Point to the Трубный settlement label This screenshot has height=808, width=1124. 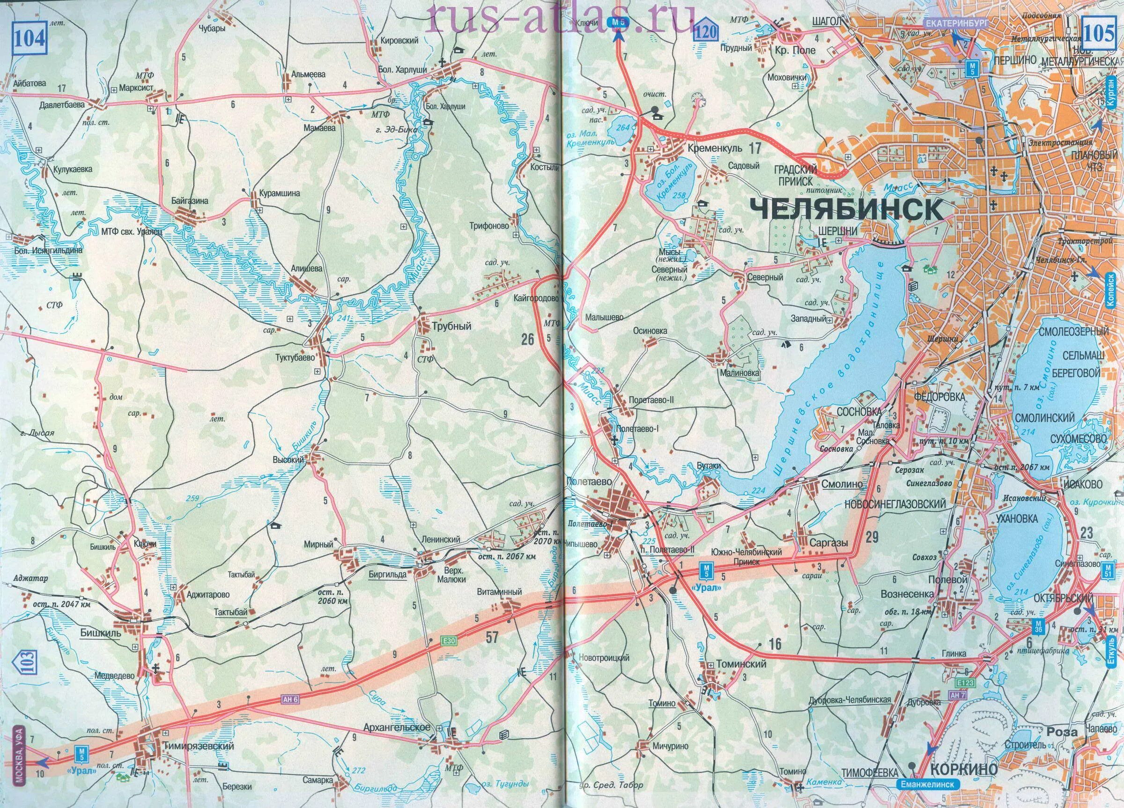tap(451, 326)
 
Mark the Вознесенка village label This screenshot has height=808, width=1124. tap(914, 594)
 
